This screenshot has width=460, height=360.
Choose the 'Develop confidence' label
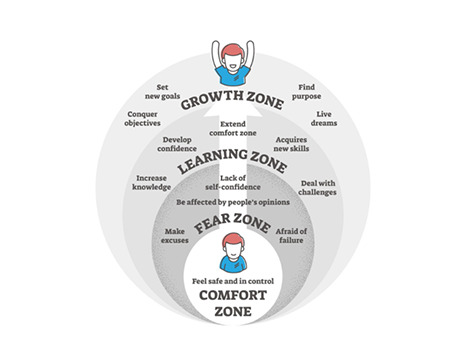pyautogui.click(x=178, y=145)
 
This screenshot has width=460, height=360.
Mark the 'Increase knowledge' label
pyautogui.click(x=153, y=182)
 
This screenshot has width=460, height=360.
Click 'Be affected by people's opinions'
pyautogui.click(x=232, y=203)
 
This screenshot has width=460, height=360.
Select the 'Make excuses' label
pyautogui.click(x=177, y=237)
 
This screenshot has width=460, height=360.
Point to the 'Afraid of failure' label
pyautogui.click(x=291, y=237)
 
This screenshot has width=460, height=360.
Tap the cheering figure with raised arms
pyautogui.click(x=231, y=61)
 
